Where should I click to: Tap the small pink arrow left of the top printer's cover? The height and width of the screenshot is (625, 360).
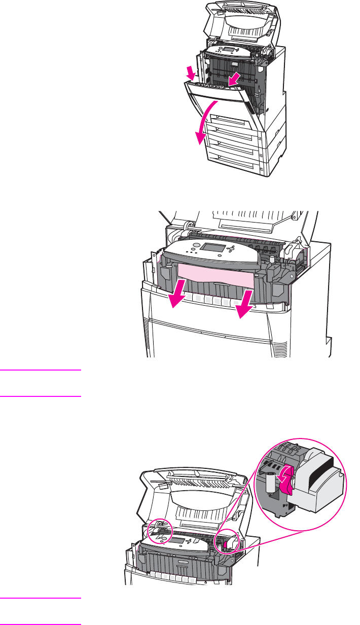click(x=191, y=75)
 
